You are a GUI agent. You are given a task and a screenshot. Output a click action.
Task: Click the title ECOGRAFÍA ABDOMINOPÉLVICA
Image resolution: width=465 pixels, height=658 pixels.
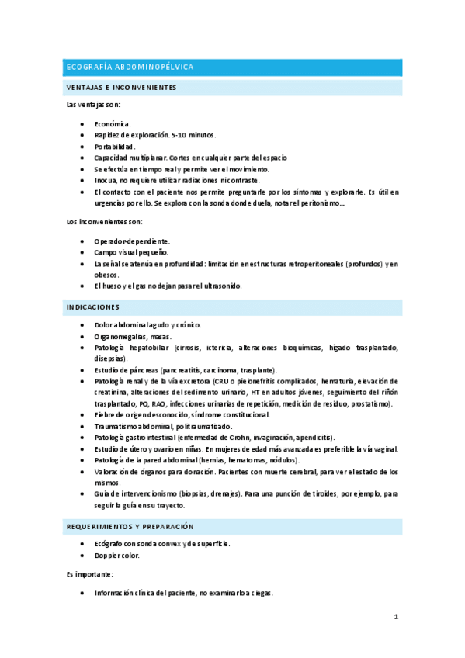(130, 68)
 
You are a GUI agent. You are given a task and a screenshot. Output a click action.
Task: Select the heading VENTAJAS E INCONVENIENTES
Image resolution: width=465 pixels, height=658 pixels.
(122, 88)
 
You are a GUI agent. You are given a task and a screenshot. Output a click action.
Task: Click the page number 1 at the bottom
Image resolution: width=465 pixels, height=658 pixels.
(395, 617)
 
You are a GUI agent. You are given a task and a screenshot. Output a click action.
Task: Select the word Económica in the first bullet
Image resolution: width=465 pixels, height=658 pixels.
(113, 124)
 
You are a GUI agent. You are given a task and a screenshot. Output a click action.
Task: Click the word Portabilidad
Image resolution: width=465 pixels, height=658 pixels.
(115, 146)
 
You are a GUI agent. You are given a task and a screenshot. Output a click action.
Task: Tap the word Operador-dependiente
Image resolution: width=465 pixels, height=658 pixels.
(132, 241)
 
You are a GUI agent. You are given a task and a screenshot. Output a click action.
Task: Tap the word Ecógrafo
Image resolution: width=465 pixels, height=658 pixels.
(111, 544)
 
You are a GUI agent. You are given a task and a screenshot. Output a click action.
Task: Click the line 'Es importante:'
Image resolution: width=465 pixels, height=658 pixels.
(90, 574)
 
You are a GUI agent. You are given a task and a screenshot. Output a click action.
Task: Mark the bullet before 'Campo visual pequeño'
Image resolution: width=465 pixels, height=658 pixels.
(83, 252)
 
